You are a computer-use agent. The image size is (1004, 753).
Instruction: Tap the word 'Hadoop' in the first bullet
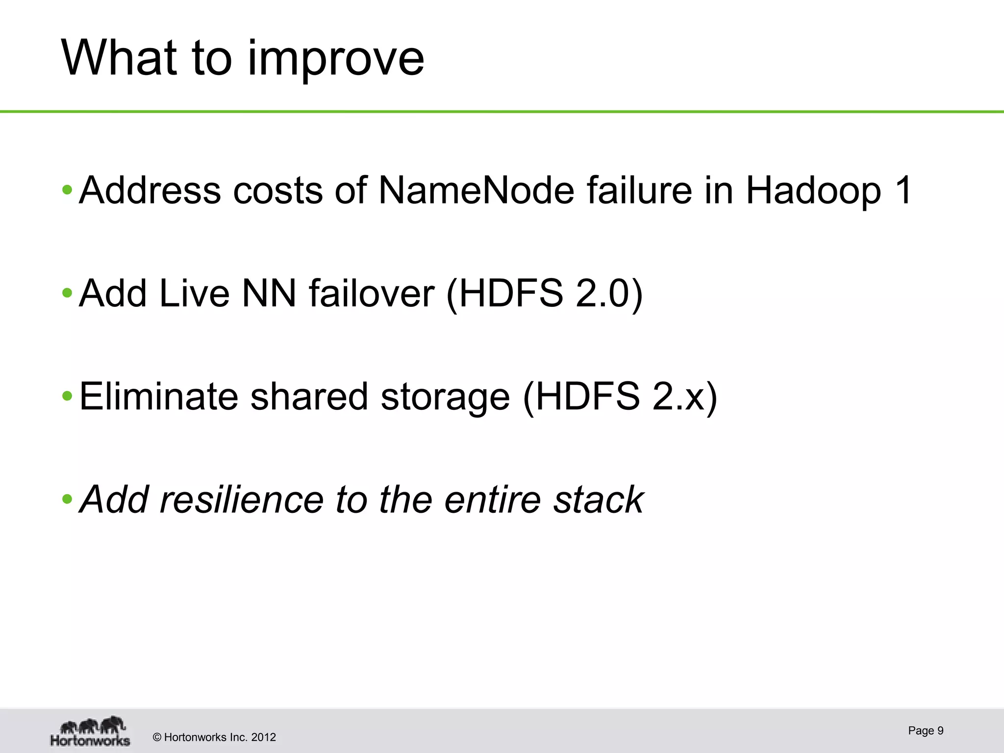[x=813, y=191]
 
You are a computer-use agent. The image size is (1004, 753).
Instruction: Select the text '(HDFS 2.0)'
[x=544, y=294]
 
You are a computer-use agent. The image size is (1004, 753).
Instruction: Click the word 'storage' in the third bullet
[x=445, y=397]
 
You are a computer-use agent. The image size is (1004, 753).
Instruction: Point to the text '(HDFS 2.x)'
[x=620, y=397]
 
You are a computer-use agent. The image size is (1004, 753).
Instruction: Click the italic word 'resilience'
[x=242, y=500]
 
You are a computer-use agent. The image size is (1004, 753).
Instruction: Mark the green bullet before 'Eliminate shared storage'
[x=67, y=396]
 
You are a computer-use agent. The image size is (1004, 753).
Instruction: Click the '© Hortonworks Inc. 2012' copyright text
[x=214, y=737]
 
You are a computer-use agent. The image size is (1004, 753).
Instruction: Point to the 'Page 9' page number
[x=926, y=730]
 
